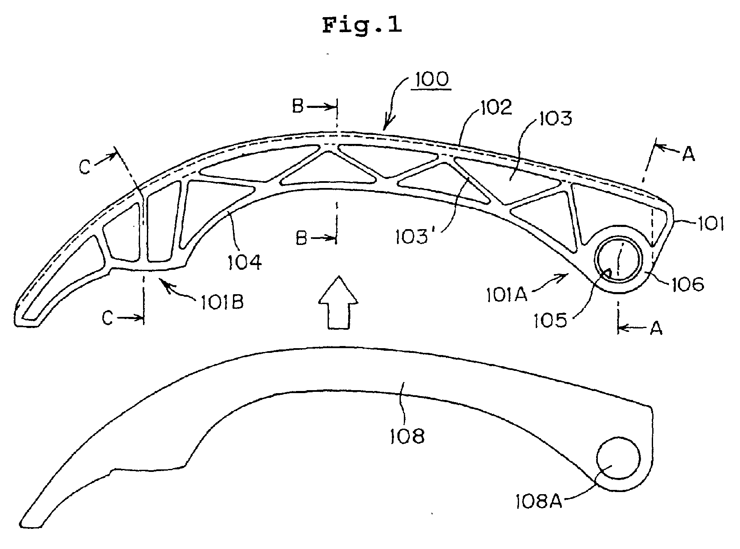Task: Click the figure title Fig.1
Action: point(362,25)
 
